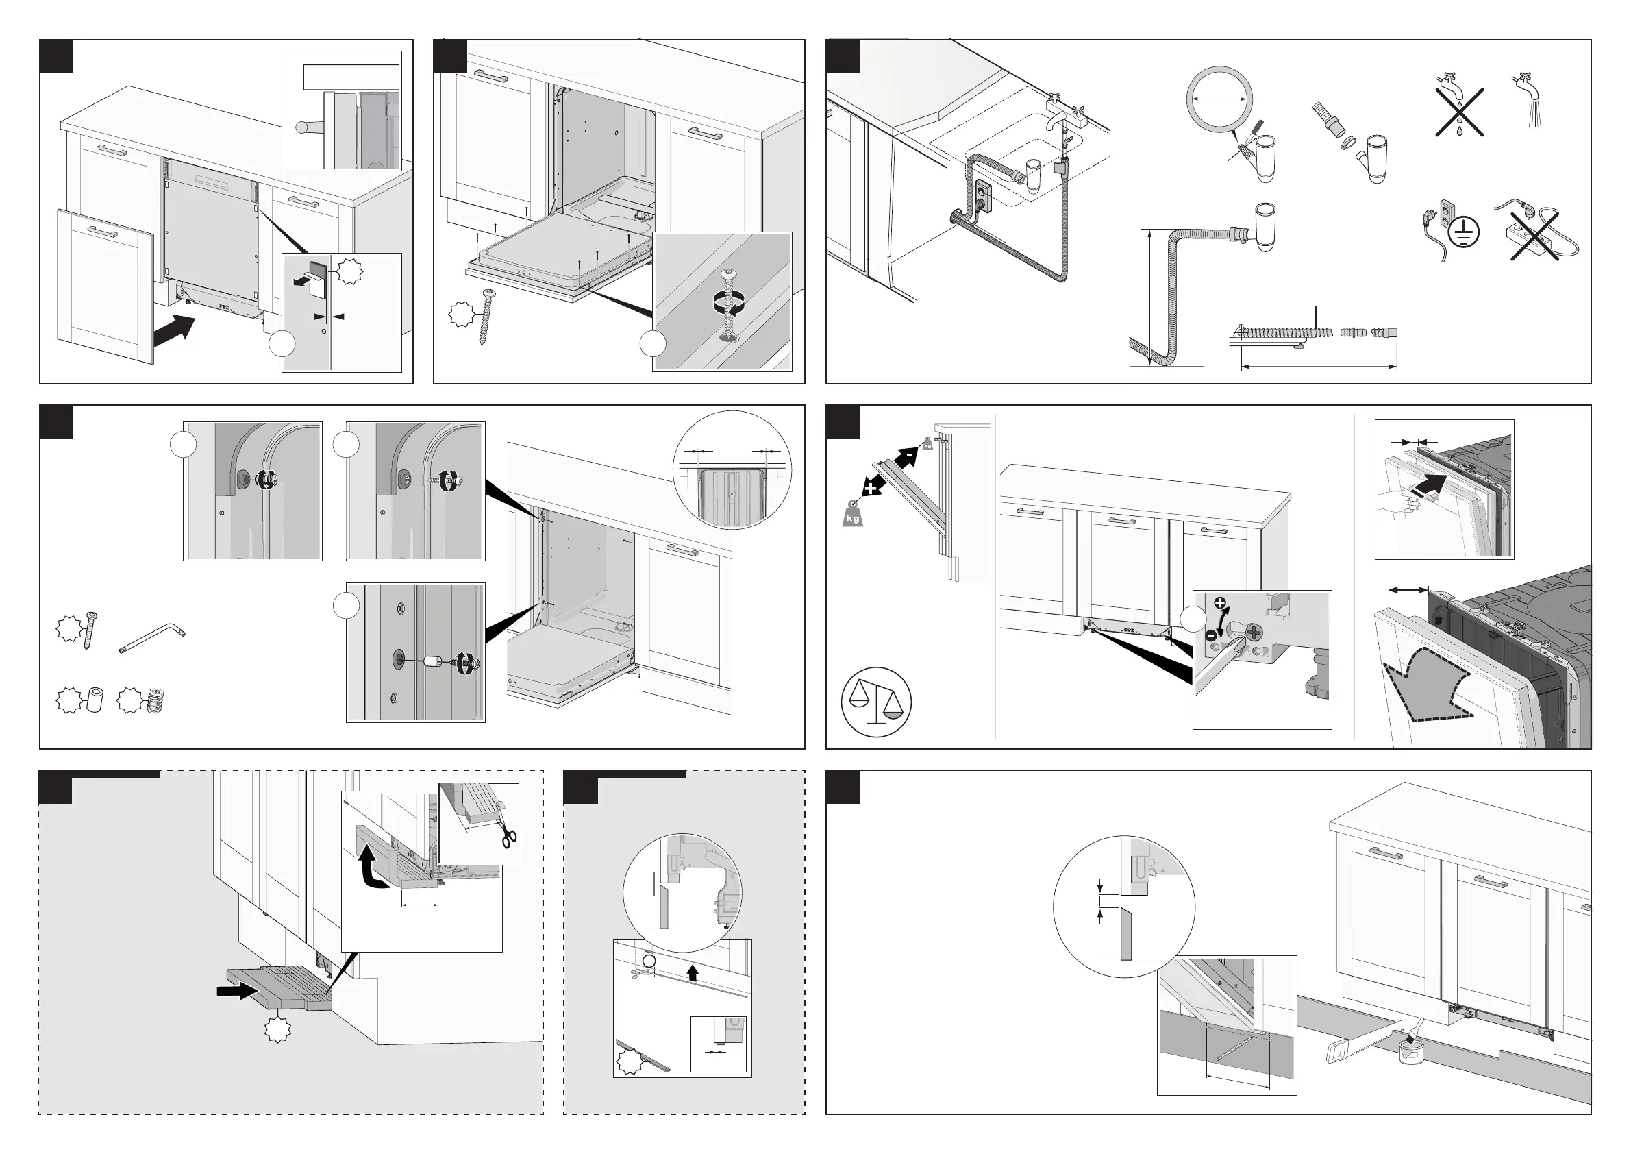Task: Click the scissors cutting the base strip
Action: (x=507, y=831)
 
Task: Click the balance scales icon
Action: (x=876, y=702)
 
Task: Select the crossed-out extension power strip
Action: (x=1534, y=235)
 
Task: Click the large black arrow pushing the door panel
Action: (x=173, y=332)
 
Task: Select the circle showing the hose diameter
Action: (x=1219, y=99)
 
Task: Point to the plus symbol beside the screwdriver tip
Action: (x=1221, y=604)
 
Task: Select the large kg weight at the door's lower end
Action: (x=853, y=513)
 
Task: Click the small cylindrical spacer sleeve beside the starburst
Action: (x=94, y=699)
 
